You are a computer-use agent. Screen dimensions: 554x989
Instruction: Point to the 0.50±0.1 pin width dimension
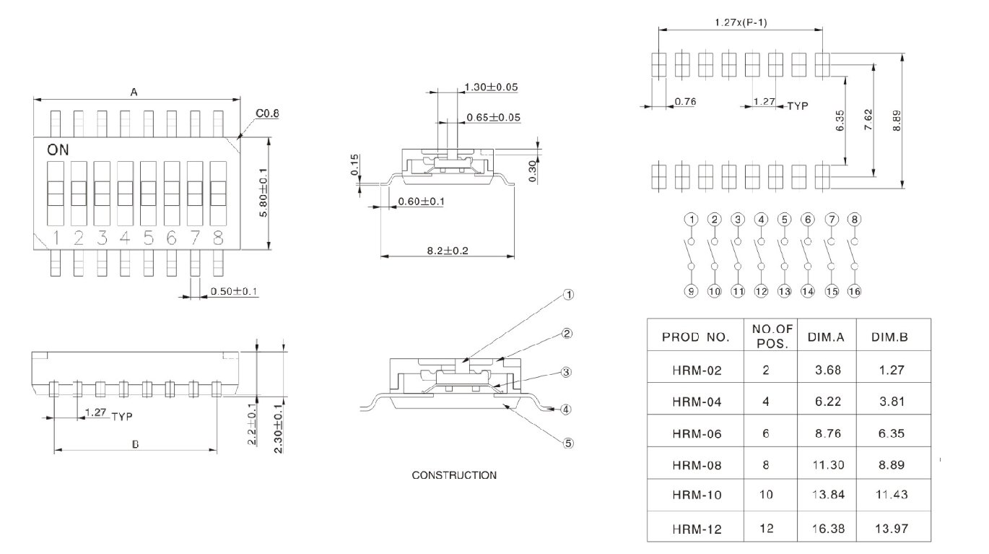(x=234, y=291)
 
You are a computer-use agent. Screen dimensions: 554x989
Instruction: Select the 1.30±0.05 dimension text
(x=491, y=87)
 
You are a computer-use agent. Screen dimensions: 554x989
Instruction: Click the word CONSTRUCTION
(x=453, y=475)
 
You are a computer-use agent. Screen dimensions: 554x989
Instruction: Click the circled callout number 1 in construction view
(x=568, y=295)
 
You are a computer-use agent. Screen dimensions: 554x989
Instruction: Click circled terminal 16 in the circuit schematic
(x=854, y=291)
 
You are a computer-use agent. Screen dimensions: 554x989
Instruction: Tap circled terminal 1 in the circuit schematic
(x=692, y=218)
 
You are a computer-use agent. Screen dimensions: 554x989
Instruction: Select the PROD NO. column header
(x=696, y=337)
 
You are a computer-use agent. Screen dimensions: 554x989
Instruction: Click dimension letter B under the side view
(x=135, y=445)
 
